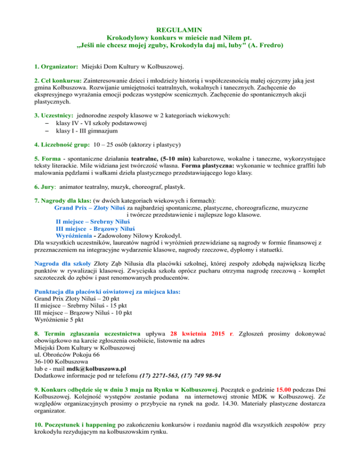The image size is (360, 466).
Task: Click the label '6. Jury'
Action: [47, 186]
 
